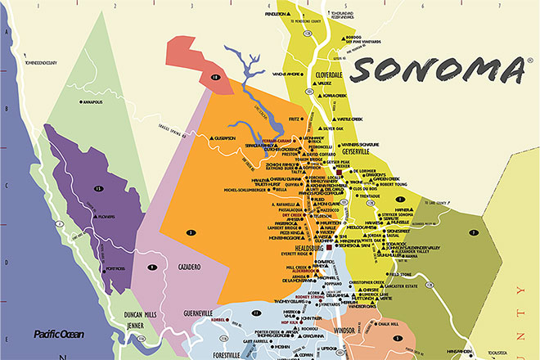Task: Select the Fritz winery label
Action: click(x=292, y=119)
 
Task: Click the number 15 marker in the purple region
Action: click(x=98, y=189)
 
